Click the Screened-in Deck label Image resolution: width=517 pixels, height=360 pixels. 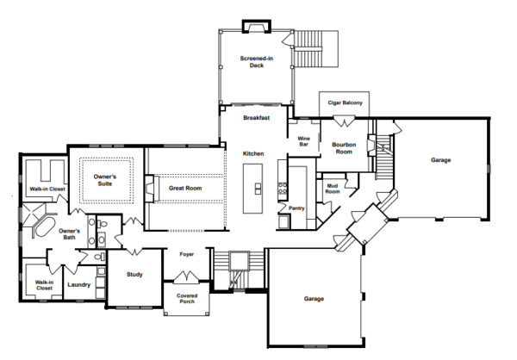[257, 63]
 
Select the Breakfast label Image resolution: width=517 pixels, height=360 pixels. [257, 118]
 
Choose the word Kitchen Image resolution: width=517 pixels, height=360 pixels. [252, 153]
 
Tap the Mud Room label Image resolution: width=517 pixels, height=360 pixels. [332, 188]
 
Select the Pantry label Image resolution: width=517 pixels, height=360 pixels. [297, 208]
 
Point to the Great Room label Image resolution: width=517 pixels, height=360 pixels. [185, 188]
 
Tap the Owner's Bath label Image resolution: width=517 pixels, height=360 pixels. [69, 234]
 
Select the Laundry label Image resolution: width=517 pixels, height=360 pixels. [79, 282]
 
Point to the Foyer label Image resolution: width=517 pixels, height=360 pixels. [186, 255]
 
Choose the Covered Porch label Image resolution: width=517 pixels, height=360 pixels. [187, 298]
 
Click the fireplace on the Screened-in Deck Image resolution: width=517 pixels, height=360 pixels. [257, 26]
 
